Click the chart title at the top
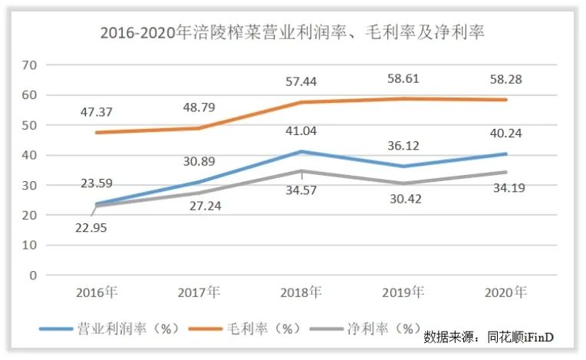[x=292, y=32]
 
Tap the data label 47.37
[x=96, y=112]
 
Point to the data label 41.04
[x=301, y=130]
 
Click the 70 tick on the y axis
[x=30, y=65]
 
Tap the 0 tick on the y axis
[x=33, y=275]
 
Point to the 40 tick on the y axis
[x=30, y=155]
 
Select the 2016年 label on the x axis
[x=96, y=292]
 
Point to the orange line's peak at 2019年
[x=403, y=98]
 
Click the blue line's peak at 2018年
[x=301, y=151]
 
